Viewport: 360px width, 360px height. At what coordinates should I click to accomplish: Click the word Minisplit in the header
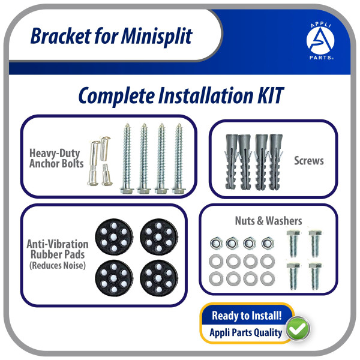[x=157, y=36]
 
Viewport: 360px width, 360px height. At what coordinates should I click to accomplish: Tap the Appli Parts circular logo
[x=320, y=41]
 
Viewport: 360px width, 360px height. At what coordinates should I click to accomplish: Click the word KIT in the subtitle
[x=271, y=95]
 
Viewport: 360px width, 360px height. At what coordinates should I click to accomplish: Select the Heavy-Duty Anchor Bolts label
[x=56, y=158]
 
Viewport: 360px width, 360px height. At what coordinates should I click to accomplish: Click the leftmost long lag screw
[x=127, y=158]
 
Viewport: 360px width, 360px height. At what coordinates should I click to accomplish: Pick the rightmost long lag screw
[x=179, y=158]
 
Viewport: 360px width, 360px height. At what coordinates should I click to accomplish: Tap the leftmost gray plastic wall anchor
[x=231, y=161]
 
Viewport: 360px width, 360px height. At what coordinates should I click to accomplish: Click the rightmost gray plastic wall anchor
[x=275, y=161]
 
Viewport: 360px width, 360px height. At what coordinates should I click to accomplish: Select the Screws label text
[x=309, y=160]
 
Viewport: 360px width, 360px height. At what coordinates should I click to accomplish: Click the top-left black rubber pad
[x=114, y=237]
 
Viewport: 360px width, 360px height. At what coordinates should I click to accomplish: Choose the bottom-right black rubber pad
[x=159, y=278]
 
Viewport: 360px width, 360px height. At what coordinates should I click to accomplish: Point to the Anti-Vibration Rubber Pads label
[x=58, y=250]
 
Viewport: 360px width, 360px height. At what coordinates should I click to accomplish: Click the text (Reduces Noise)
[x=58, y=266]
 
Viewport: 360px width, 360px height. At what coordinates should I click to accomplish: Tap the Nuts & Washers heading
[x=268, y=221]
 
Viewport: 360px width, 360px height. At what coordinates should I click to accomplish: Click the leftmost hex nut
[x=216, y=243]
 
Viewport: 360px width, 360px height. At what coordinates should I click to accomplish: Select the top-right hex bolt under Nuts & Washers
[x=315, y=244]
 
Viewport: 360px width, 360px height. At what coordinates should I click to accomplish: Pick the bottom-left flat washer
[x=216, y=279]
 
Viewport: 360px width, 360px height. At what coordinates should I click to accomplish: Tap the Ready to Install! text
[x=247, y=316]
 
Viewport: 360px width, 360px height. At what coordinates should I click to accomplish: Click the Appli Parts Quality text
[x=245, y=332]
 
